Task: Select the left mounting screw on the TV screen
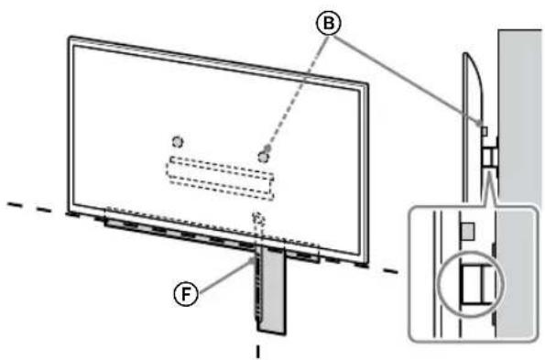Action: click(x=178, y=141)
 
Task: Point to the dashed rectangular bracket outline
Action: click(x=220, y=175)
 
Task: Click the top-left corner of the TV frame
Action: click(x=71, y=38)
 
